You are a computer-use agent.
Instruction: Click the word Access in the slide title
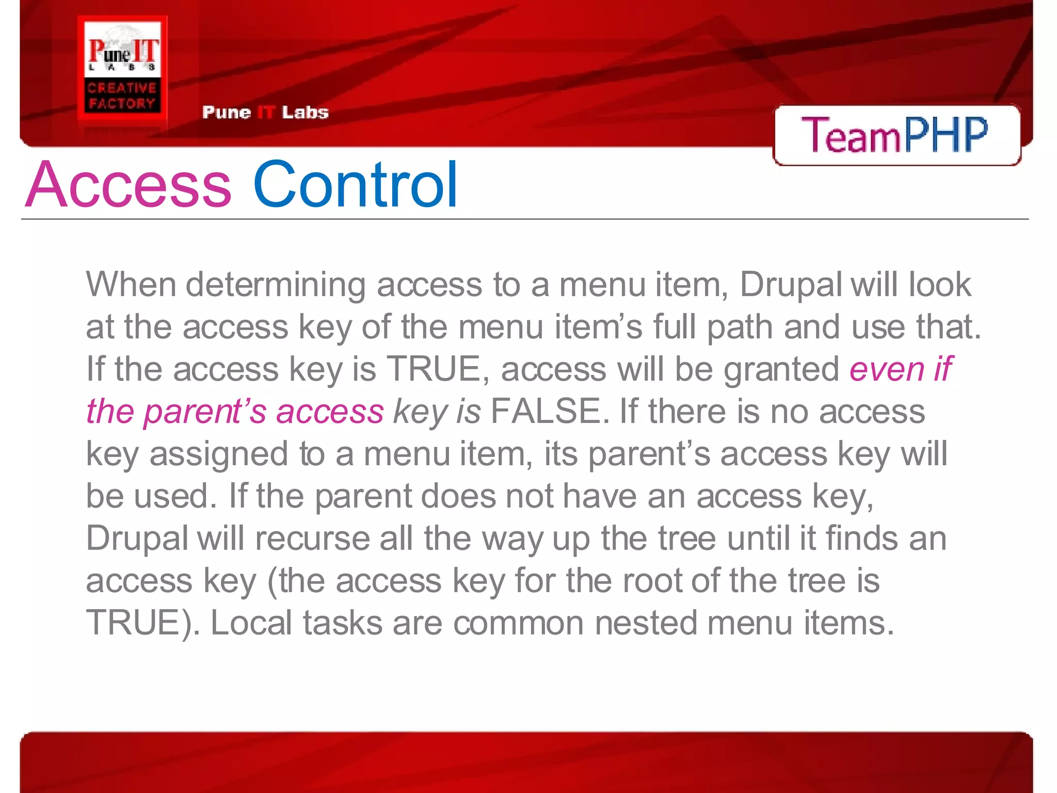click(129, 185)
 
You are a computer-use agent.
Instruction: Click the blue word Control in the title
click(355, 185)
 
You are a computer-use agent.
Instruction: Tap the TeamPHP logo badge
click(896, 135)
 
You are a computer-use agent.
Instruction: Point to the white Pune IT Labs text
click(265, 112)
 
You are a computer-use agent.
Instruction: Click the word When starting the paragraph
click(131, 284)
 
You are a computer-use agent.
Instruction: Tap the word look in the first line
click(940, 284)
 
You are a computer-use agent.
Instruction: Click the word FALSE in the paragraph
click(546, 411)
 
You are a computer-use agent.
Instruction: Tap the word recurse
click(312, 538)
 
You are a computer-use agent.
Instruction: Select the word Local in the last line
click(251, 623)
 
